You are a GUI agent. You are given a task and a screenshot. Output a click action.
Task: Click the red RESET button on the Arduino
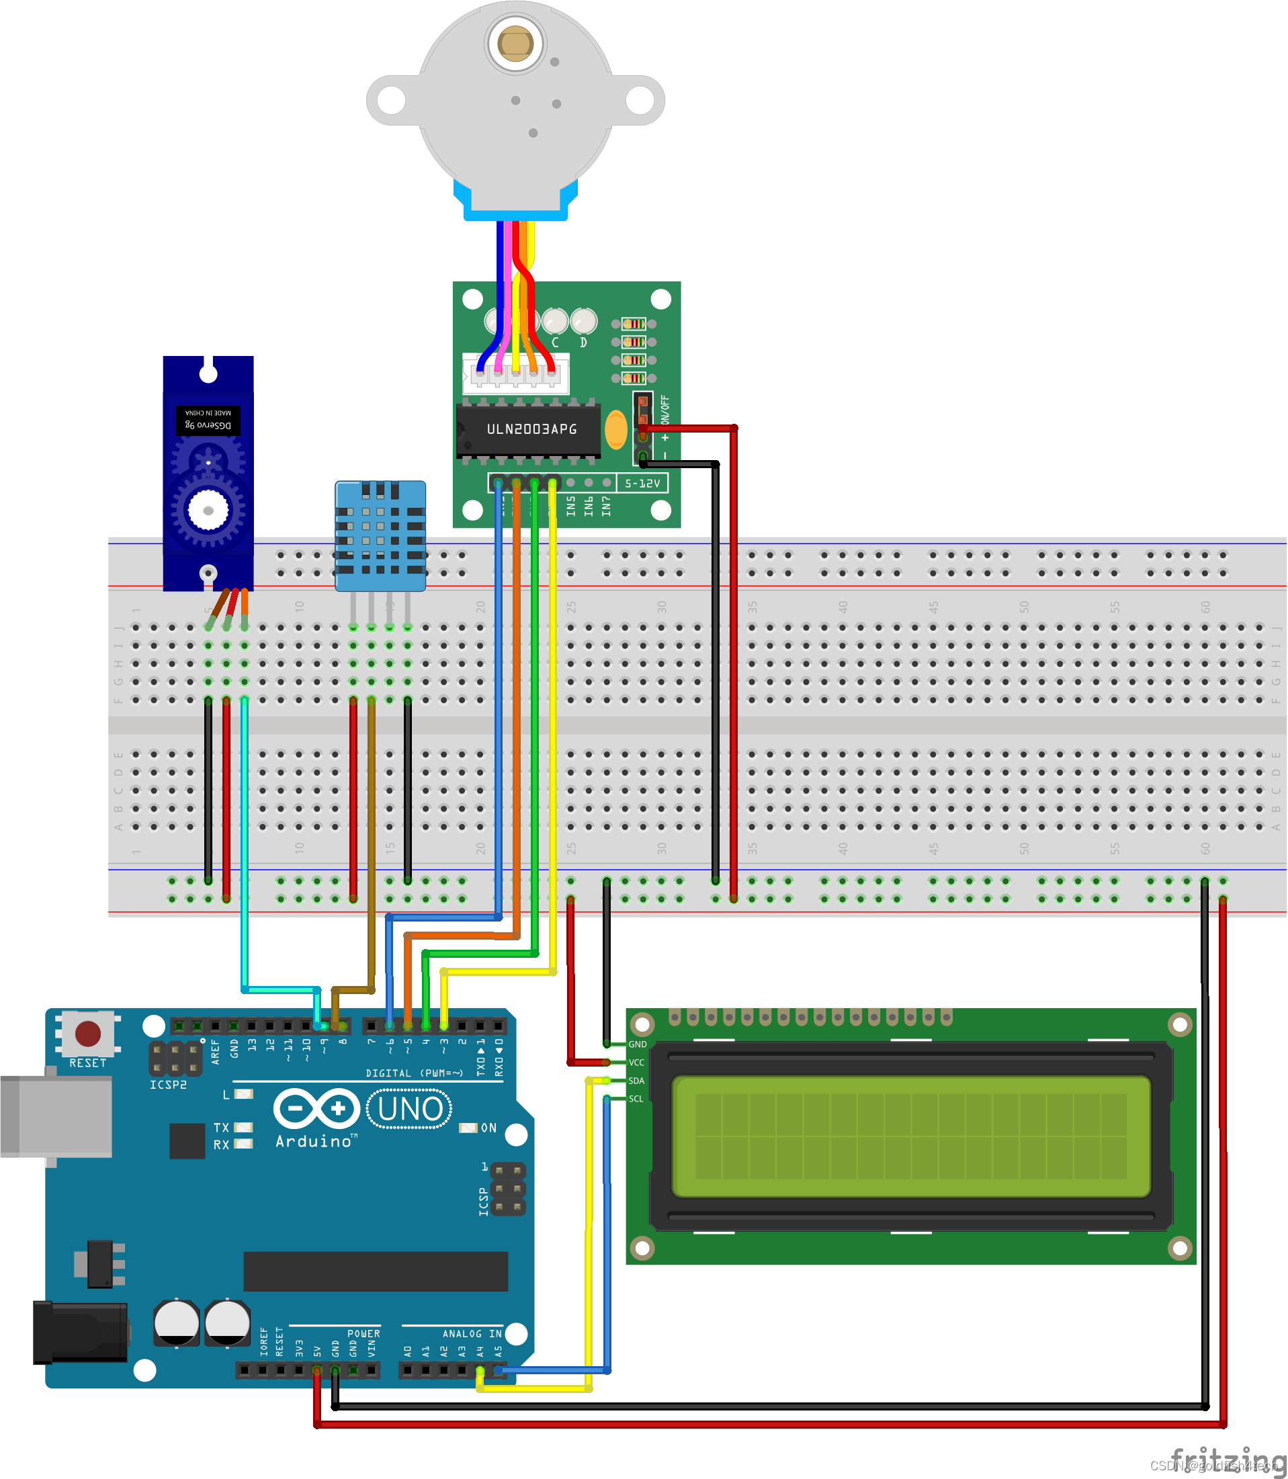pyautogui.click(x=88, y=1034)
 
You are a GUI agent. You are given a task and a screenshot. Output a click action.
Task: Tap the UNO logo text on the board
pyautogui.click(x=409, y=1109)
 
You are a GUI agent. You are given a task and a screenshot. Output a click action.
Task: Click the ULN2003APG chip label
pyautogui.click(x=531, y=429)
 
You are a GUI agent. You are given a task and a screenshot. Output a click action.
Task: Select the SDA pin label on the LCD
pyautogui.click(x=636, y=1081)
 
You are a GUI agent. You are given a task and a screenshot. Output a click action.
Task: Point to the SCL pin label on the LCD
pyautogui.click(x=636, y=1099)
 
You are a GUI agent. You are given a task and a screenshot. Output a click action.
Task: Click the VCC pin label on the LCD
pyautogui.click(x=636, y=1063)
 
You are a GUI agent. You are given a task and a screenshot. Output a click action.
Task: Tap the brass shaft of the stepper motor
pyautogui.click(x=515, y=44)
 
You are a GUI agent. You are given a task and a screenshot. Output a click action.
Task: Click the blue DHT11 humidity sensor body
pyautogui.click(x=380, y=535)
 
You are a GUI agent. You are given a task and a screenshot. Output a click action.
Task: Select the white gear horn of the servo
pyautogui.click(x=208, y=510)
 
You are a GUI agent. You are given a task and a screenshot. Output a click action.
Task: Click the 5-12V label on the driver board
pyautogui.click(x=642, y=484)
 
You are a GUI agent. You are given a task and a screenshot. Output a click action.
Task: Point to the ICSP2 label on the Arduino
pyautogui.click(x=168, y=1085)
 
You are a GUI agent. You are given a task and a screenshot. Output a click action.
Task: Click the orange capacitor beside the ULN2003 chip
pyautogui.click(x=616, y=429)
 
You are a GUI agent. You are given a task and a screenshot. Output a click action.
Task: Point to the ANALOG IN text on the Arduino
pyautogui.click(x=472, y=1334)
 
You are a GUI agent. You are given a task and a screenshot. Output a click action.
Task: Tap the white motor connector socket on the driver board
pyautogui.click(x=515, y=373)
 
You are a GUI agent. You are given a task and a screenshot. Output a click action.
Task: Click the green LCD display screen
pyautogui.click(x=910, y=1136)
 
